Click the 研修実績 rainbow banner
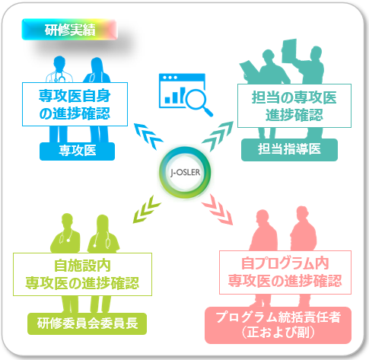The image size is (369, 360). pyautogui.click(x=69, y=30)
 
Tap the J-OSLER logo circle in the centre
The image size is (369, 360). pyautogui.click(x=185, y=172)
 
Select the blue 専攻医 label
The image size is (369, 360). pyautogui.click(x=77, y=151)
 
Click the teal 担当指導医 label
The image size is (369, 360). pyautogui.click(x=289, y=149)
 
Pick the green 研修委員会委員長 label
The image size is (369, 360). pyautogui.click(x=87, y=323)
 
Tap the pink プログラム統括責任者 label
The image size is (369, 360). pyautogui.click(x=278, y=325)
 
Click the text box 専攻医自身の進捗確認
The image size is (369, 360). pyautogui.click(x=75, y=104)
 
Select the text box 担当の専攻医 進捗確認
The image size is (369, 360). pyautogui.click(x=294, y=106)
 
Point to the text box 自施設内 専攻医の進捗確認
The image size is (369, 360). pyautogui.click(x=82, y=274)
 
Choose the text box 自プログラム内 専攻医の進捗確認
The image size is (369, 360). pyautogui.click(x=285, y=272)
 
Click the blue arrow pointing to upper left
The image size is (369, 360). pyautogui.click(x=148, y=136)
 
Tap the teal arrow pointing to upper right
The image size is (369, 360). pyautogui.click(x=218, y=135)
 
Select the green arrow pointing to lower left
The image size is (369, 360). pyautogui.click(x=147, y=209)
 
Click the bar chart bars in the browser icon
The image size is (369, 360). pyautogui.click(x=175, y=96)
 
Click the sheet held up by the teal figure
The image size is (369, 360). pyautogui.click(x=289, y=51)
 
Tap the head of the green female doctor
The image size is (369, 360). pyautogui.click(x=103, y=223)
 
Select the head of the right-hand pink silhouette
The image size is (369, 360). pyautogui.click(x=302, y=215)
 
